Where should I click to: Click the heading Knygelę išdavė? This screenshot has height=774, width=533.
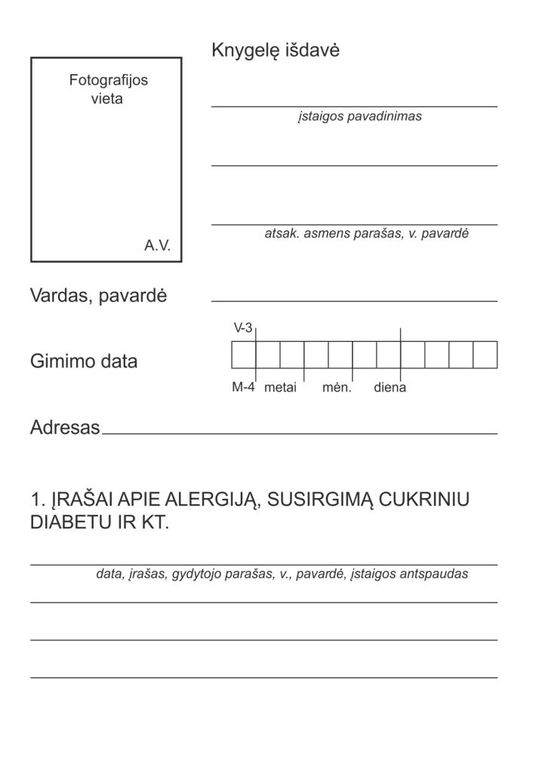(276, 51)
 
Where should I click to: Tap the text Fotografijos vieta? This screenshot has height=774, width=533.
(108, 89)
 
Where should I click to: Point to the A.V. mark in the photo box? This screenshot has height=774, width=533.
(158, 246)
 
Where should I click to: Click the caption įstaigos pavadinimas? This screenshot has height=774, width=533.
(359, 117)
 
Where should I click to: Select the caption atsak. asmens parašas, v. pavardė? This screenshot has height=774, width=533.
(366, 234)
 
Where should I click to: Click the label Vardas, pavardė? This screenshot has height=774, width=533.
(98, 296)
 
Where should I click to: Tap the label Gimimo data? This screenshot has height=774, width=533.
(84, 361)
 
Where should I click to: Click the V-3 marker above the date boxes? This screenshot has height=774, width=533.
(242, 328)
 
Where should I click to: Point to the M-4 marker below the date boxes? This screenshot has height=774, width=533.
(243, 388)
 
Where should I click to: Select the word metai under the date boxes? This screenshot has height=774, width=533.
(280, 388)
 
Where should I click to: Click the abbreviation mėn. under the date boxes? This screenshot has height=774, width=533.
(337, 388)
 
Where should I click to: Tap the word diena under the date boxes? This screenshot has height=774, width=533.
(390, 388)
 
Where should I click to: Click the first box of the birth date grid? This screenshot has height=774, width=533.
(243, 354)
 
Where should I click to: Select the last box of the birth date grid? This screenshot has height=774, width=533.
(485, 354)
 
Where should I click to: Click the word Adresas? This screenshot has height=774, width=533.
(65, 428)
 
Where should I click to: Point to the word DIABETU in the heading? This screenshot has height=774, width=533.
(71, 524)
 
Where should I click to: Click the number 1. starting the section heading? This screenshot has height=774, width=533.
(38, 500)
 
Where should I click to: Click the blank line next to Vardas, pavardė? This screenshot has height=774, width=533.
(354, 299)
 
